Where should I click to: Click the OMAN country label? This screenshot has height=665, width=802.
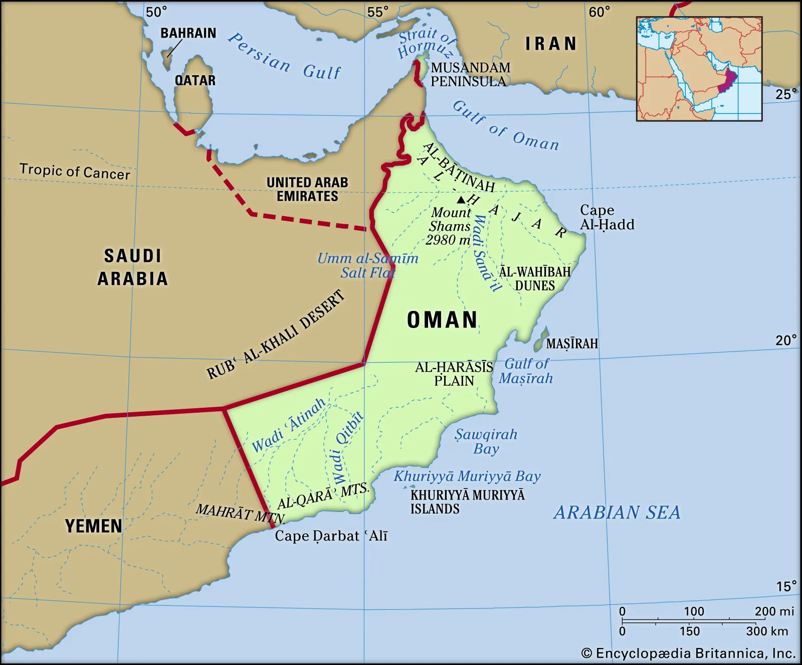pos(442,320)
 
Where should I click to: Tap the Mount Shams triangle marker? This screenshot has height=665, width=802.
pos(461,200)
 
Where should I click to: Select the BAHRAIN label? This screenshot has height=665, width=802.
pos(188,33)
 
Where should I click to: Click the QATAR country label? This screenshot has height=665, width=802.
pos(195,80)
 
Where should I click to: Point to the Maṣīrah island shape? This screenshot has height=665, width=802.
pos(541,340)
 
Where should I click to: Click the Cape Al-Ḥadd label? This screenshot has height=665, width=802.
pos(607,217)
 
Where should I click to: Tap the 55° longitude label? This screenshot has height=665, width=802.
pos(377,12)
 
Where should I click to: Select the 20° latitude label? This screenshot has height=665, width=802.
pos(785,341)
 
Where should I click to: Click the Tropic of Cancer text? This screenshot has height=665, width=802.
pos(75,172)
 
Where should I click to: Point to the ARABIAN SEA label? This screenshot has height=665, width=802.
pos(617,512)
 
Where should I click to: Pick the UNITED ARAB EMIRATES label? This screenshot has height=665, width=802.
pos(307,189)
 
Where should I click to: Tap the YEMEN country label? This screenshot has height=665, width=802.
pos(94,526)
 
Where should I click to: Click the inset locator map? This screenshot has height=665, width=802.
pos(699,69)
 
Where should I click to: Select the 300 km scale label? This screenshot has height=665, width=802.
pos(767,631)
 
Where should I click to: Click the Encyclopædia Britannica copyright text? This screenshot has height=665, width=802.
pos(688,653)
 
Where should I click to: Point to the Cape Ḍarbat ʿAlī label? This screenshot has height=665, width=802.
pos(331,536)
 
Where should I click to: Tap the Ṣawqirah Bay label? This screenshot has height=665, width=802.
pos(486,441)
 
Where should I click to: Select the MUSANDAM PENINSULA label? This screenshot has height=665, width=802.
pos(470,74)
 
